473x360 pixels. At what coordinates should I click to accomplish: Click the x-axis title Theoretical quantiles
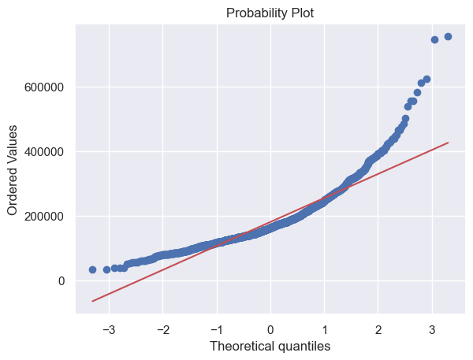pos(270,345)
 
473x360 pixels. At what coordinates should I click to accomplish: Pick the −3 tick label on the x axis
pos(107,326)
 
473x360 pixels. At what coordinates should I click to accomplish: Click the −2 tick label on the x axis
pos(161,326)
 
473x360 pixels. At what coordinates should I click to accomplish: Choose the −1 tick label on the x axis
pos(214,326)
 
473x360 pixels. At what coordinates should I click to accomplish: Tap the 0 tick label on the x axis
pos(270,326)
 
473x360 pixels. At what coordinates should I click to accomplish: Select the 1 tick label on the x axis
pos(324,326)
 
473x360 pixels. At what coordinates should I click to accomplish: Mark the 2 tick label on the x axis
pos(378,326)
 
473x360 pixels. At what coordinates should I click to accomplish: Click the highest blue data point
pos(448,36)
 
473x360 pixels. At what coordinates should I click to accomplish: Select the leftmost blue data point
pos(92,269)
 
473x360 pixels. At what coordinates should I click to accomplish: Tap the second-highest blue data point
pos(434,39)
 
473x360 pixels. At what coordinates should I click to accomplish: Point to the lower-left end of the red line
pos(92,301)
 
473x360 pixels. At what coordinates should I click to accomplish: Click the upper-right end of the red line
pos(448,143)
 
